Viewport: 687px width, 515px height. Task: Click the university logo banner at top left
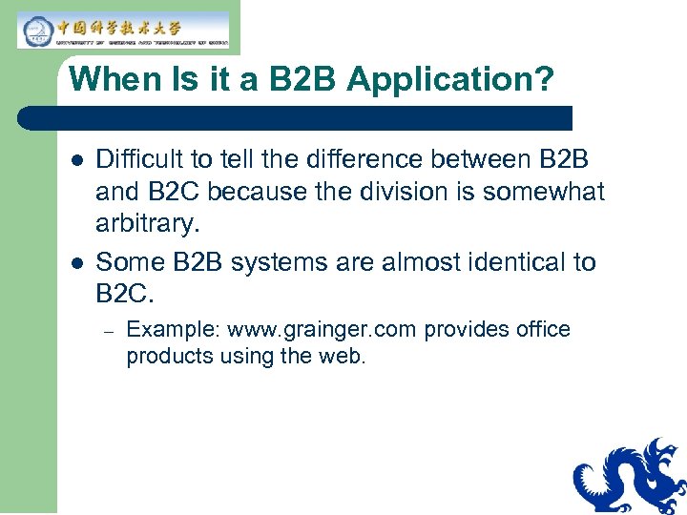point(124,30)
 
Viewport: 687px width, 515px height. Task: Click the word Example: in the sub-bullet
point(173,330)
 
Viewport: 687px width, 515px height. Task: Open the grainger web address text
point(323,330)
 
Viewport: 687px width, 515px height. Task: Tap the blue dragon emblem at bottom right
point(629,476)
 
